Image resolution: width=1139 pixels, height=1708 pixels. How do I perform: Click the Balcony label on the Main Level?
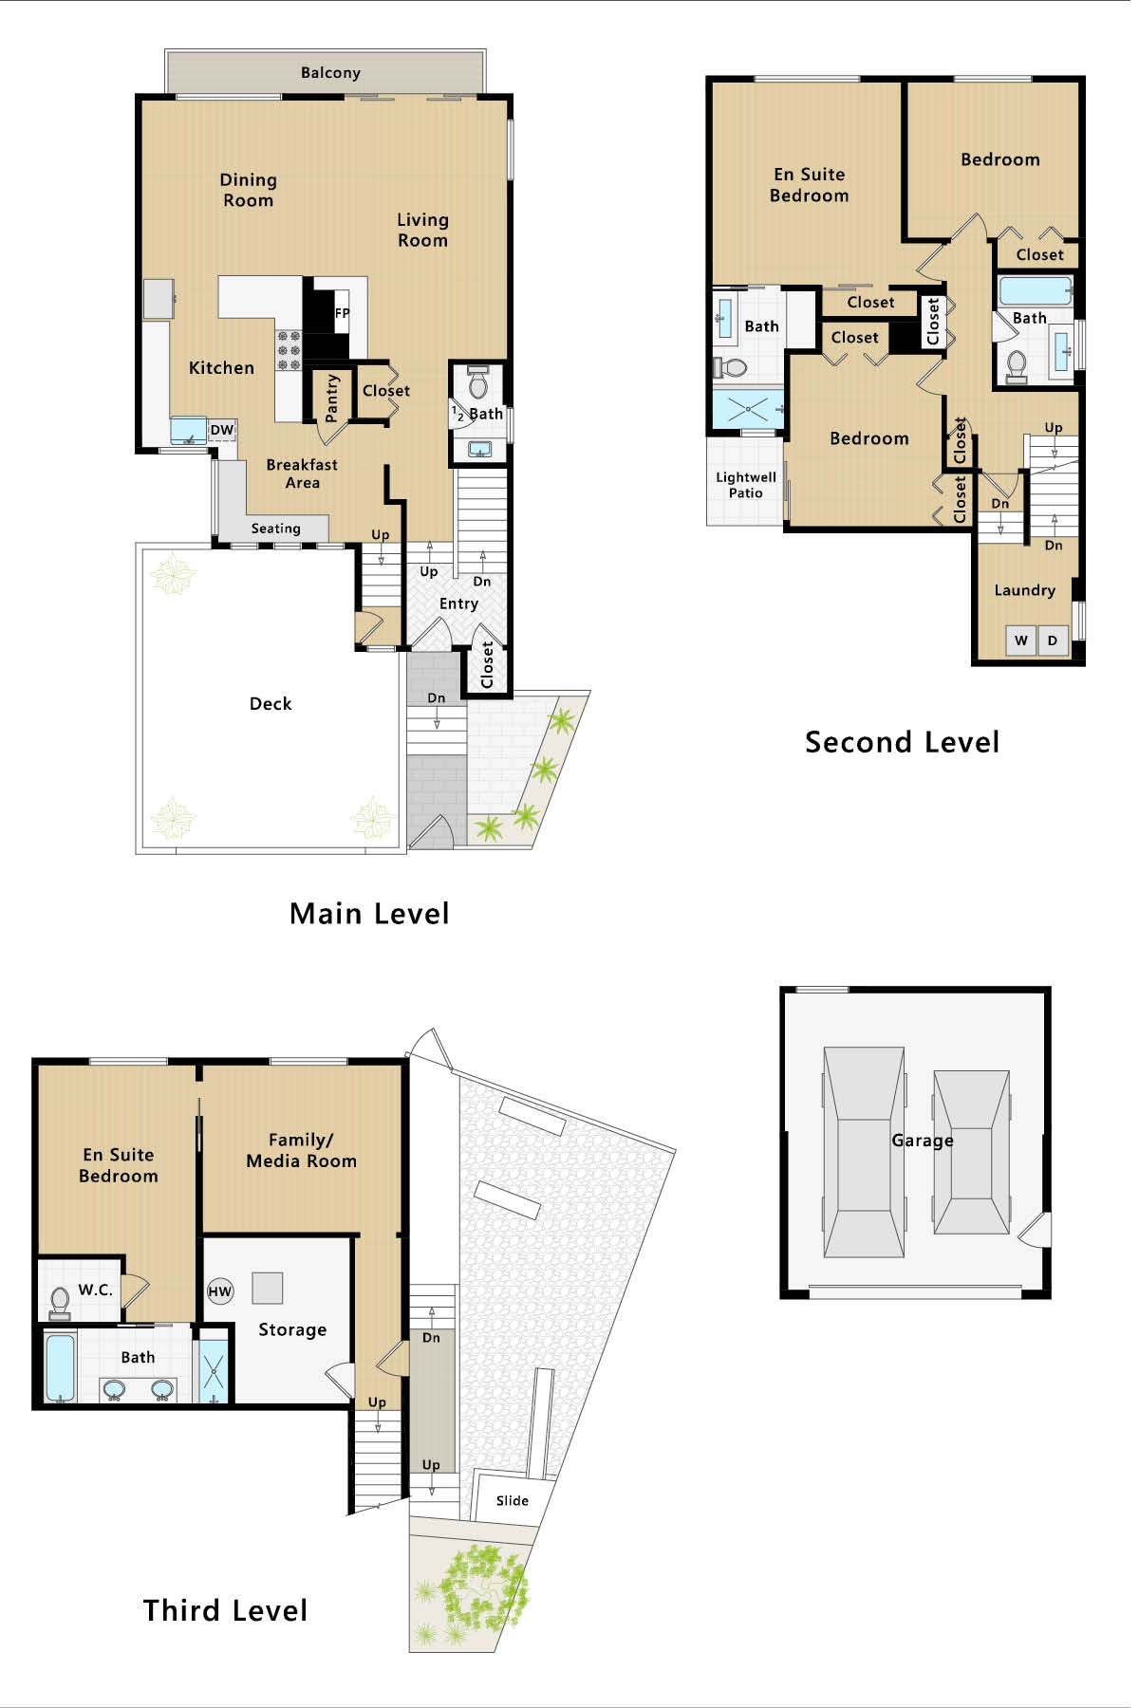point(330,73)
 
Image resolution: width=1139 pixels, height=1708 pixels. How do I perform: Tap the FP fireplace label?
point(342,313)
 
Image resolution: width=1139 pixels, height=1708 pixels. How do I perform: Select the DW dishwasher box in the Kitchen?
point(222,430)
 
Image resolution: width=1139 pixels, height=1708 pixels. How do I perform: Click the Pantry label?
point(331,398)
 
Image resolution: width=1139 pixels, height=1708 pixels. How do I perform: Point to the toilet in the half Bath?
point(478,382)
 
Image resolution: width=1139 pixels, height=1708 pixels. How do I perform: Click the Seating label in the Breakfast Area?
point(275,529)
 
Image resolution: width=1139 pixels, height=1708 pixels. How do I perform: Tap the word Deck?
point(271,703)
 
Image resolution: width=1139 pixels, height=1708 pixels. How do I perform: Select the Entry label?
point(458,603)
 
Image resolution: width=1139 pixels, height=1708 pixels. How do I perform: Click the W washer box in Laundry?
point(1021,640)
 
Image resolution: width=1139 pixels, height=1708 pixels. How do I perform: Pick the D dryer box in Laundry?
point(1053,640)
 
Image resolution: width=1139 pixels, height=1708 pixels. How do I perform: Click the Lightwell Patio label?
point(746,485)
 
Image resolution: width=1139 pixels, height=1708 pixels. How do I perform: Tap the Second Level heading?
point(902,742)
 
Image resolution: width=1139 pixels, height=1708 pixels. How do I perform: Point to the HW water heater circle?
point(220,1290)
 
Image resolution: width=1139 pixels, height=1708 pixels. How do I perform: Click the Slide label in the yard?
point(513,1500)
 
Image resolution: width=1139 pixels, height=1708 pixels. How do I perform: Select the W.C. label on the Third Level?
point(95,1290)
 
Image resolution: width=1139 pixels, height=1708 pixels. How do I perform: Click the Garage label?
point(923,1141)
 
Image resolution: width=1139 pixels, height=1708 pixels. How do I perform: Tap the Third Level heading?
point(225,1610)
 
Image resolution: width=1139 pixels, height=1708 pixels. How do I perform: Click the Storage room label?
point(292,1330)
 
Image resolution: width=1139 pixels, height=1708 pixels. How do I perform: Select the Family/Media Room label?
point(302,1150)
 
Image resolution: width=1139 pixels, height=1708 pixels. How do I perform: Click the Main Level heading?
point(369,914)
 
